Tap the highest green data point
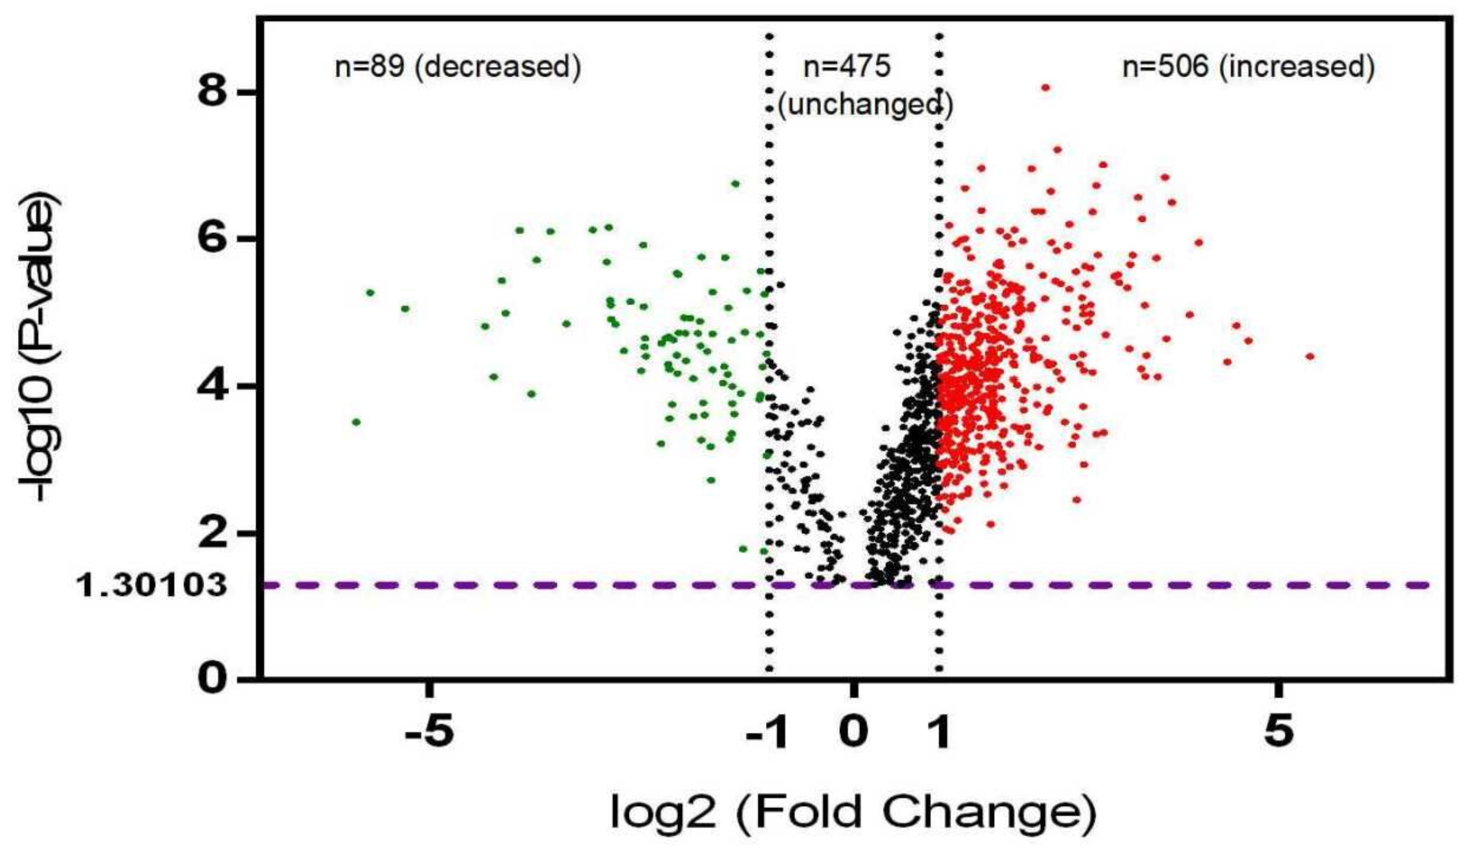click(735, 183)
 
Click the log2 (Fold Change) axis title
click(853, 812)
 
